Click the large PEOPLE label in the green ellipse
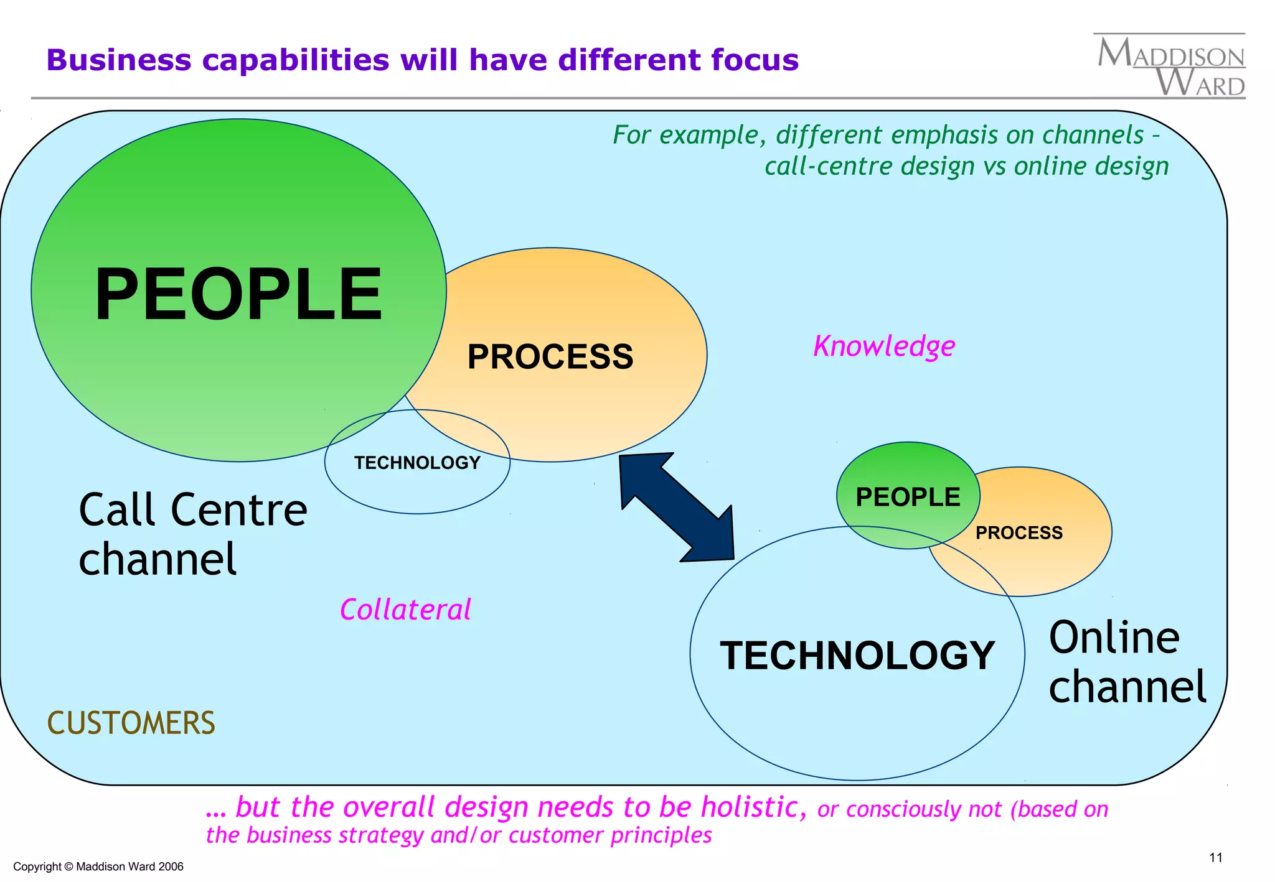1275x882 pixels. (x=238, y=294)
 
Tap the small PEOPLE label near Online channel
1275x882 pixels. (x=908, y=497)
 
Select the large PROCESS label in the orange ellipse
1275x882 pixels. (x=550, y=357)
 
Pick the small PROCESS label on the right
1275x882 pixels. (x=1019, y=532)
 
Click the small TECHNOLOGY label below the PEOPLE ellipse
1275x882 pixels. (x=417, y=463)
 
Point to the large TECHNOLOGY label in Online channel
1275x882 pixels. (x=857, y=656)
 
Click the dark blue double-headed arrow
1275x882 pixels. (x=677, y=507)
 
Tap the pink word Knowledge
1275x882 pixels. (x=884, y=346)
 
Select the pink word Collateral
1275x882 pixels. (x=405, y=610)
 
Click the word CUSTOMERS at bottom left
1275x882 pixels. (x=131, y=723)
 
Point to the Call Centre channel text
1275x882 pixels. (x=192, y=534)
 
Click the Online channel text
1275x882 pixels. (x=1127, y=662)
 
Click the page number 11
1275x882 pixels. (x=1215, y=858)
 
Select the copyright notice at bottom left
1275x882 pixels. (x=98, y=866)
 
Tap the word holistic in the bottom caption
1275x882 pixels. (x=750, y=807)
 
